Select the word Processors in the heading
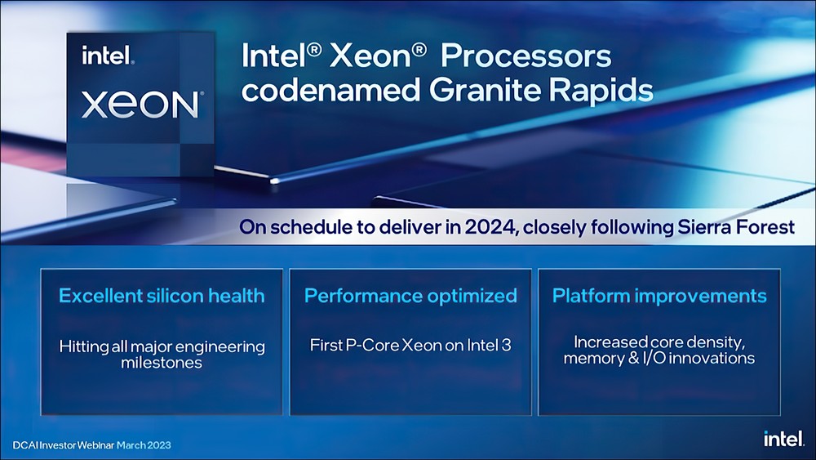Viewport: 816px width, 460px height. pos(526,56)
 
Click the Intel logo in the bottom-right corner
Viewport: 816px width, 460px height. pos(783,438)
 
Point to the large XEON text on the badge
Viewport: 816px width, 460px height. pos(140,104)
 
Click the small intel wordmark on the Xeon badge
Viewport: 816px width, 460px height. pos(108,56)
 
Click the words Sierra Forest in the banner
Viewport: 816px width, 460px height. pos(736,227)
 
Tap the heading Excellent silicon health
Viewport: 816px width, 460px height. pos(162,296)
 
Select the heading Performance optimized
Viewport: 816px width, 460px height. pos(410,296)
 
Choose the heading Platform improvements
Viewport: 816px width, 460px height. pos(659,296)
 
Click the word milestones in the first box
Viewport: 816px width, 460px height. pos(162,363)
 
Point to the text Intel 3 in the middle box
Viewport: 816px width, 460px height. pos(489,345)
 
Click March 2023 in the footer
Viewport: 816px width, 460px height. pos(144,445)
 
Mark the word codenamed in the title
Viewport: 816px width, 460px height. pos(330,90)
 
